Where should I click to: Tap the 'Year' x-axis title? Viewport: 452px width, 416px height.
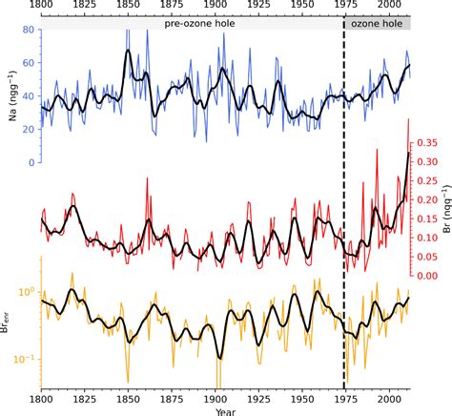coord(225,410)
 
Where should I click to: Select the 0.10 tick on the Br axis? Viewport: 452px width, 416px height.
coord(423,236)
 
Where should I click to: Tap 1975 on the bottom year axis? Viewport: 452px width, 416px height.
coord(346,398)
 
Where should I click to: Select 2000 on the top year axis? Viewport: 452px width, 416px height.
coord(390,6)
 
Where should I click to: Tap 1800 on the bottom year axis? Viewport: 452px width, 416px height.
coord(41,398)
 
